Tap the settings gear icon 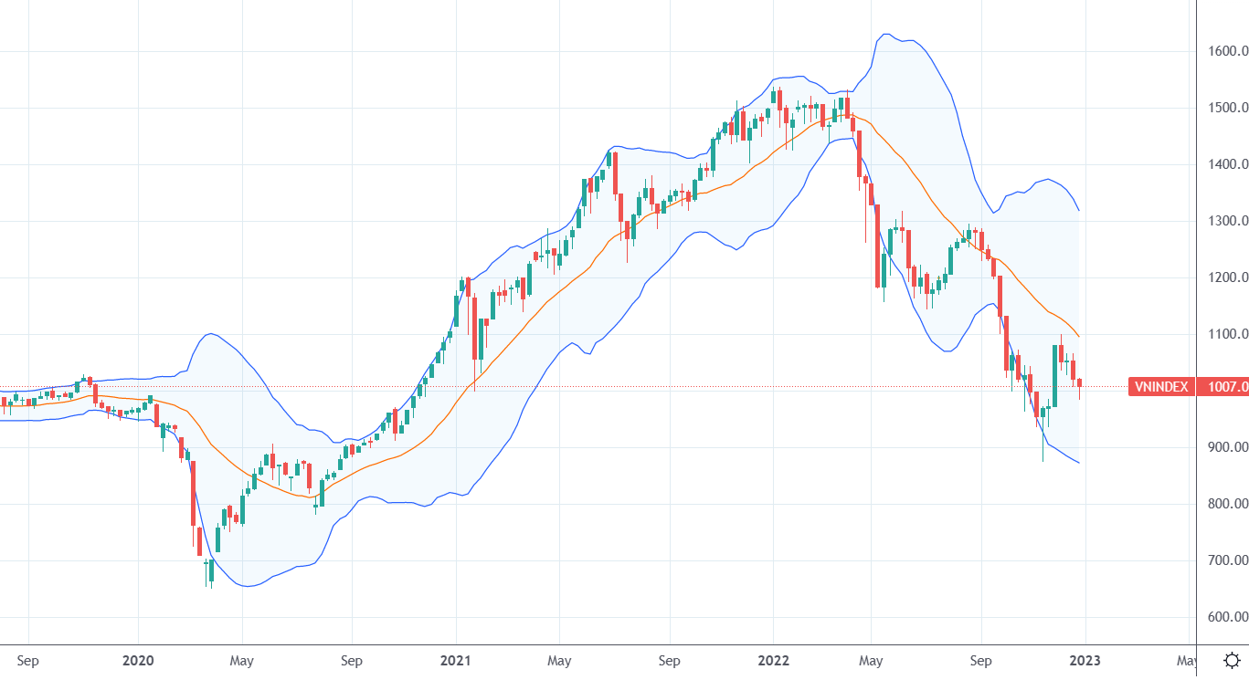pyautogui.click(x=1232, y=660)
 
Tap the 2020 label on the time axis pyautogui.click(x=138, y=660)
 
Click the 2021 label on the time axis pyautogui.click(x=455, y=660)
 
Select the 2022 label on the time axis pyautogui.click(x=773, y=660)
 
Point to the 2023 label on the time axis pyautogui.click(x=1085, y=660)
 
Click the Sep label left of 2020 pyautogui.click(x=28, y=660)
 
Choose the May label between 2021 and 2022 pyautogui.click(x=559, y=660)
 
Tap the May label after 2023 pyautogui.click(x=1185, y=660)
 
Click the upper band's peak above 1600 pyautogui.click(x=884, y=35)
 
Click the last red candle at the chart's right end pyautogui.click(x=1079, y=383)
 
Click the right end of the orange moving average pyautogui.click(x=1079, y=337)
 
